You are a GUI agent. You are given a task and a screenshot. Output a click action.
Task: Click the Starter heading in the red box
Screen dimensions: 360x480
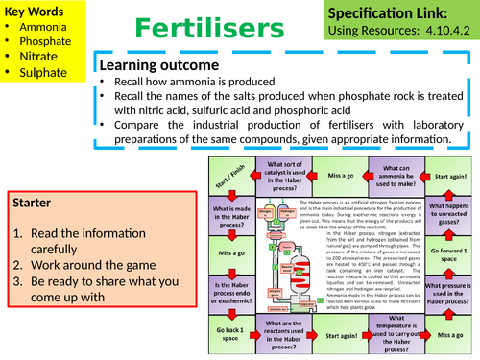[x=37, y=204]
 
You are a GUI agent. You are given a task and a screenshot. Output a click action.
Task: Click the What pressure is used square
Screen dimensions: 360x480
[x=449, y=295]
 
